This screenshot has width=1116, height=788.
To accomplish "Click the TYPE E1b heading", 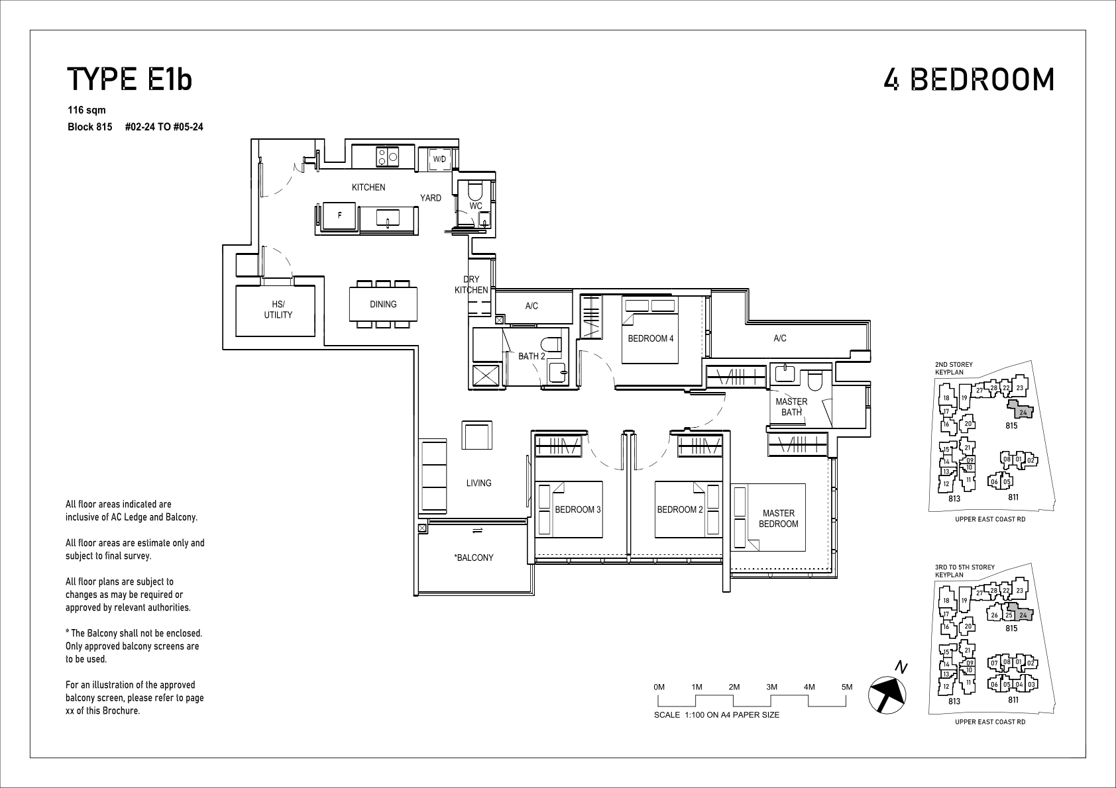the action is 129,79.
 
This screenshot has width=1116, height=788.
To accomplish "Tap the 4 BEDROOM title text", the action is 969,79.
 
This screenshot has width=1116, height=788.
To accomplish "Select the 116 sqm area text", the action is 87,110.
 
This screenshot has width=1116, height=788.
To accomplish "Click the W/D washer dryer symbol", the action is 439,160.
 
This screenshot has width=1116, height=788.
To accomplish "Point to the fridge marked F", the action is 340,216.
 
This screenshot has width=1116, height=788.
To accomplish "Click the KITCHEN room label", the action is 368,187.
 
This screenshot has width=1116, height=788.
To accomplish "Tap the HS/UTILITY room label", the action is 278,310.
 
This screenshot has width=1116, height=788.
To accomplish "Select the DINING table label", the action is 383,304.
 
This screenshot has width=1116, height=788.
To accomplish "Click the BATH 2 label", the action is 531,356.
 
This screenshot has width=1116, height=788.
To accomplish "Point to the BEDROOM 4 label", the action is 651,338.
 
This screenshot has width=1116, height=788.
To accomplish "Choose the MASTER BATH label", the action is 792,407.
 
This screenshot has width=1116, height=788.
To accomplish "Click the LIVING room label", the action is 478,483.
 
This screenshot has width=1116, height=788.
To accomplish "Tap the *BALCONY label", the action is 474,558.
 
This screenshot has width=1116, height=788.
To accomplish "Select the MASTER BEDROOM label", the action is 779,518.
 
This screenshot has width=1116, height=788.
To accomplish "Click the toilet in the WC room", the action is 476,191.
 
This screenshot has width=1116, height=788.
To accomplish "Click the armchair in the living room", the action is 476,435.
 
